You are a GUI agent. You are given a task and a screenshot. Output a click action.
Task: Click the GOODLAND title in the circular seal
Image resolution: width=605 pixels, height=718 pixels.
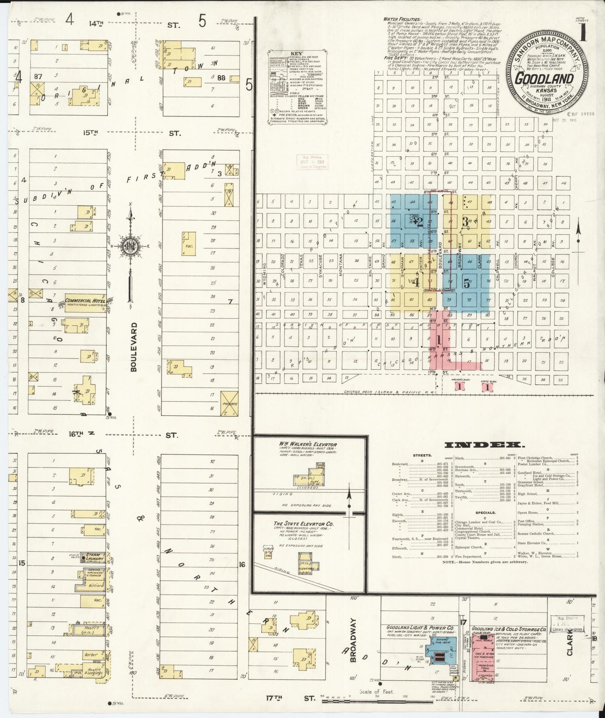tap(544, 79)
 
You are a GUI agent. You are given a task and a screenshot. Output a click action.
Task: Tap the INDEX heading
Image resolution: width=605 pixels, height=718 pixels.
tap(482, 445)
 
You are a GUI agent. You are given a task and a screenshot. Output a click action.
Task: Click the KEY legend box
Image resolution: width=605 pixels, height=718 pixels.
tap(297, 87)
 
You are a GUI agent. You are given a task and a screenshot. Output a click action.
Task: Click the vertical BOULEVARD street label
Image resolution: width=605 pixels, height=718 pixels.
tap(134, 346)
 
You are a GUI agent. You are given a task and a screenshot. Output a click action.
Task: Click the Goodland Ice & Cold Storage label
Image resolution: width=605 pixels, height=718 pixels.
tap(508, 630)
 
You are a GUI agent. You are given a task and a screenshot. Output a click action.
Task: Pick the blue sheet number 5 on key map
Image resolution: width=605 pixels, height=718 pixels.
tap(467, 283)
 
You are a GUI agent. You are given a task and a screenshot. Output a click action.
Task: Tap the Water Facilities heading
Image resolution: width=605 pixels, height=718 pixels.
tap(402, 19)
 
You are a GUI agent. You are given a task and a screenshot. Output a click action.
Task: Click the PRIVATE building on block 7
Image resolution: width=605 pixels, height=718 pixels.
tap(229, 404)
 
